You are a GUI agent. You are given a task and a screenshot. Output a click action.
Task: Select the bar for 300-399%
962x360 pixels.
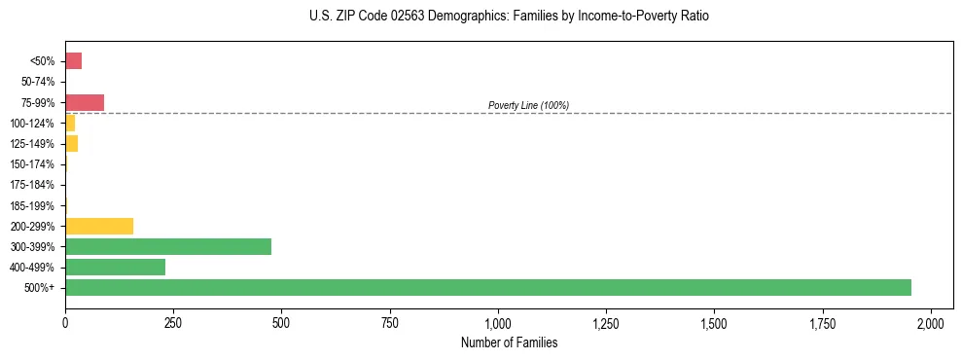[x=168, y=246]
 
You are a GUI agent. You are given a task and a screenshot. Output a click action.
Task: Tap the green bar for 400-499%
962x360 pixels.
[x=115, y=267]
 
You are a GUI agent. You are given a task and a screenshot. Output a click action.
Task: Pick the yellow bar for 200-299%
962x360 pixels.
[x=99, y=226]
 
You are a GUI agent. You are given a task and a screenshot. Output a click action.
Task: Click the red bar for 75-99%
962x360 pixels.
[x=85, y=102]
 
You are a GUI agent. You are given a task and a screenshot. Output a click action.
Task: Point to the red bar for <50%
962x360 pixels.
[x=73, y=61]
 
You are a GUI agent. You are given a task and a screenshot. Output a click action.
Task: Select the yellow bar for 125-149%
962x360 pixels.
[x=71, y=144]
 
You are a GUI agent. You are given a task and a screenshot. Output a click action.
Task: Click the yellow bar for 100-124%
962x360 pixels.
[x=70, y=123]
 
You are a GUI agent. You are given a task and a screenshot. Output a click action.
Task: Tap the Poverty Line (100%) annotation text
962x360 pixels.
[x=528, y=105]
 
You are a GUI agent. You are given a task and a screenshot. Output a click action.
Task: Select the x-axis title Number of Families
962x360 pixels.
[x=510, y=342]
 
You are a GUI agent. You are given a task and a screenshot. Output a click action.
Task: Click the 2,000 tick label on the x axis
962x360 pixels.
[x=931, y=322]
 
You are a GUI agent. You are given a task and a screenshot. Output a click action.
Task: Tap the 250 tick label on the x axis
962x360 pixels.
[x=173, y=322]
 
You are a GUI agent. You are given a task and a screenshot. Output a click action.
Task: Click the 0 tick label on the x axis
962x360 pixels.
[x=65, y=322]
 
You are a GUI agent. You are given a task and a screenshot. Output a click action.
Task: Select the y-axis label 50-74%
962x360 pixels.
[x=39, y=82]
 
